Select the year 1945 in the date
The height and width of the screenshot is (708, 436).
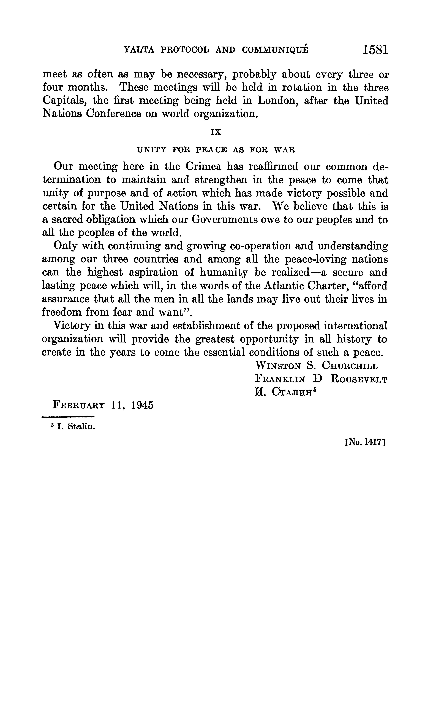click(142, 405)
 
